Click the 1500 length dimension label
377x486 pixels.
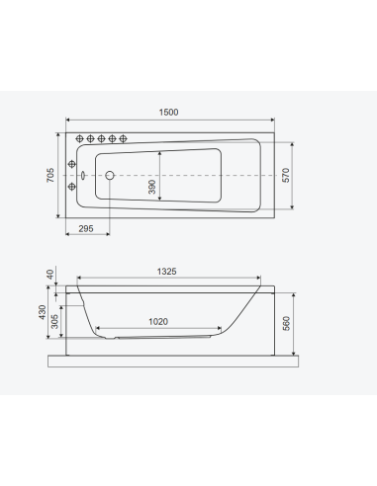(168, 113)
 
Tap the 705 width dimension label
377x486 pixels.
(50, 175)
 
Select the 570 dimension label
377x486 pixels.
(286, 175)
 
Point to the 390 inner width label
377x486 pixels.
(151, 187)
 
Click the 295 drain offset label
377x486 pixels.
(86, 228)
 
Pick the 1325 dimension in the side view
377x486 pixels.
(166, 272)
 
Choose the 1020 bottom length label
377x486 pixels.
(158, 321)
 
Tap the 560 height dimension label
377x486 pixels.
(286, 323)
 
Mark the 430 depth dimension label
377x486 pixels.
(43, 312)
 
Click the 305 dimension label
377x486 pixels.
(54, 321)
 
